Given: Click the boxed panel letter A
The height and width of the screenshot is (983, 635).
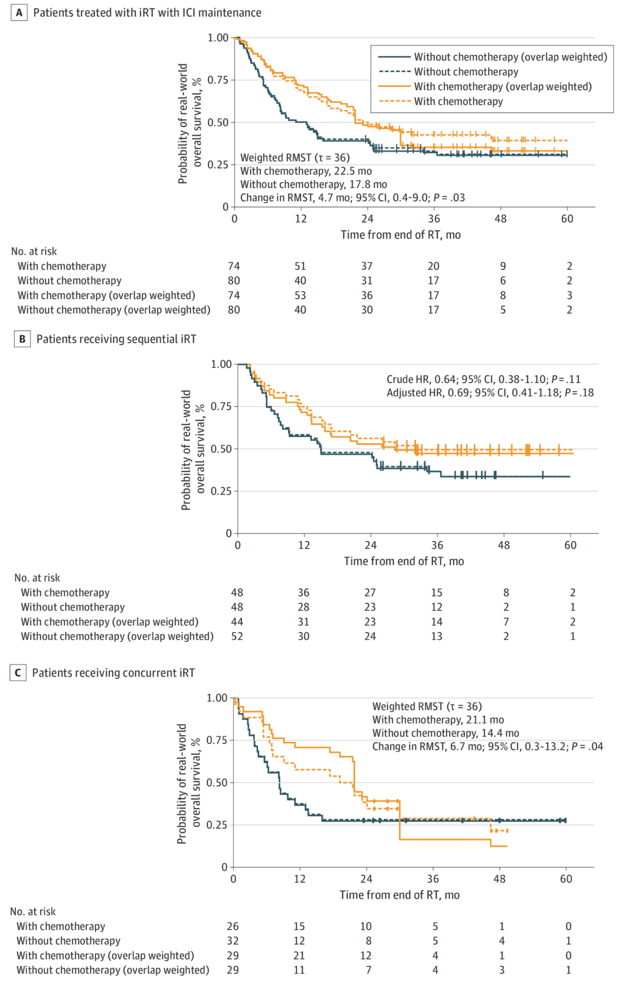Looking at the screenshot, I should click(19, 13).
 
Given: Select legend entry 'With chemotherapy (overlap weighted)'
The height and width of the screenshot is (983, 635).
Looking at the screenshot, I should click(503, 87).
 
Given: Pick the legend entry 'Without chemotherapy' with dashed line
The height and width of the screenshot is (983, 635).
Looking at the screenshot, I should click(466, 72).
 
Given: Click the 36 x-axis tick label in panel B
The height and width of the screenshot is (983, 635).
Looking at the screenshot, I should click(437, 545).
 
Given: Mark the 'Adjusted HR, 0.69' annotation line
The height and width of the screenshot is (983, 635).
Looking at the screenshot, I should click(490, 393).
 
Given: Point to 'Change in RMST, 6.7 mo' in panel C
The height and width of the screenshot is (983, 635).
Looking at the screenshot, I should click(487, 747).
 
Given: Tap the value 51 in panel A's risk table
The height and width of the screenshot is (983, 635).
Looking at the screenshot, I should click(300, 266).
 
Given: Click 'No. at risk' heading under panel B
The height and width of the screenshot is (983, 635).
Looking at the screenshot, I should click(37, 578).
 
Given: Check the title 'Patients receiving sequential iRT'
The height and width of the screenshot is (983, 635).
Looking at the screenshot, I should click(116, 339).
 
